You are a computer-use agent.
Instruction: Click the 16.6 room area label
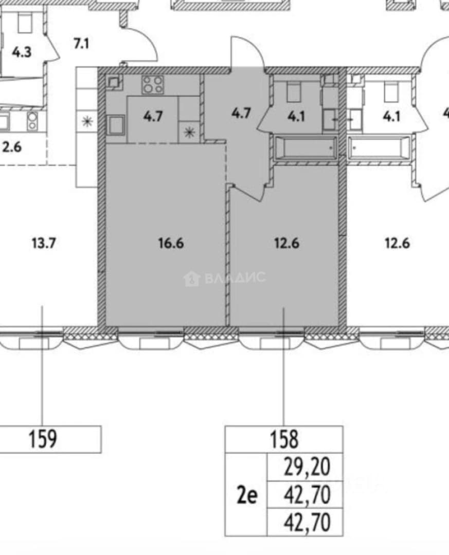tap(171, 244)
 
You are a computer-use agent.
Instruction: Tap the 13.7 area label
tap(44, 244)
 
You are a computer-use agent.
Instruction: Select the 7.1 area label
tap(81, 44)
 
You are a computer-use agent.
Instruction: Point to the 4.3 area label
tap(22, 52)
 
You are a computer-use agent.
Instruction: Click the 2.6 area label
tap(12, 146)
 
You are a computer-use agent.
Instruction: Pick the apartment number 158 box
tap(284, 439)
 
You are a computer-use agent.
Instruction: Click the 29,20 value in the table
tap(307, 467)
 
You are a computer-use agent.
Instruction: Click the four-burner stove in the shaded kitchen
tap(153, 85)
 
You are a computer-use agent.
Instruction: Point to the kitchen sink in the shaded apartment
tap(116, 125)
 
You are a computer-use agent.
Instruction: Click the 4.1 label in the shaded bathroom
tap(296, 116)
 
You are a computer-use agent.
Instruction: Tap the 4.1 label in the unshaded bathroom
tap(391, 116)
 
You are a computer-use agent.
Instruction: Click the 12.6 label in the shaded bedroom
tap(286, 244)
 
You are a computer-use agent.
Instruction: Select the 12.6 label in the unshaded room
tap(397, 244)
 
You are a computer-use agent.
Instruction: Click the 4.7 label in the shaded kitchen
tap(153, 116)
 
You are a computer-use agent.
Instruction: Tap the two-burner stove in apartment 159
tap(32, 121)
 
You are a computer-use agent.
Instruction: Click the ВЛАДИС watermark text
tap(235, 278)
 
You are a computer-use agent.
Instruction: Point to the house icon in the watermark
tap(192, 279)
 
